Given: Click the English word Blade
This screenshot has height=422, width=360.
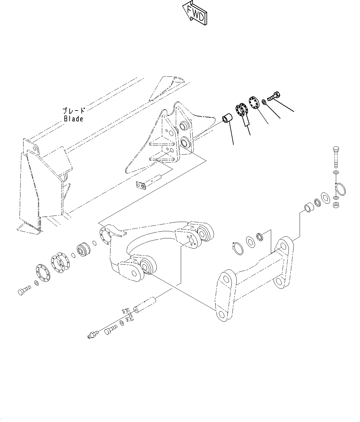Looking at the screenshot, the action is tap(73, 119).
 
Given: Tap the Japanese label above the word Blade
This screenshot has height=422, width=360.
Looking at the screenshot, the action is tap(74, 111).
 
